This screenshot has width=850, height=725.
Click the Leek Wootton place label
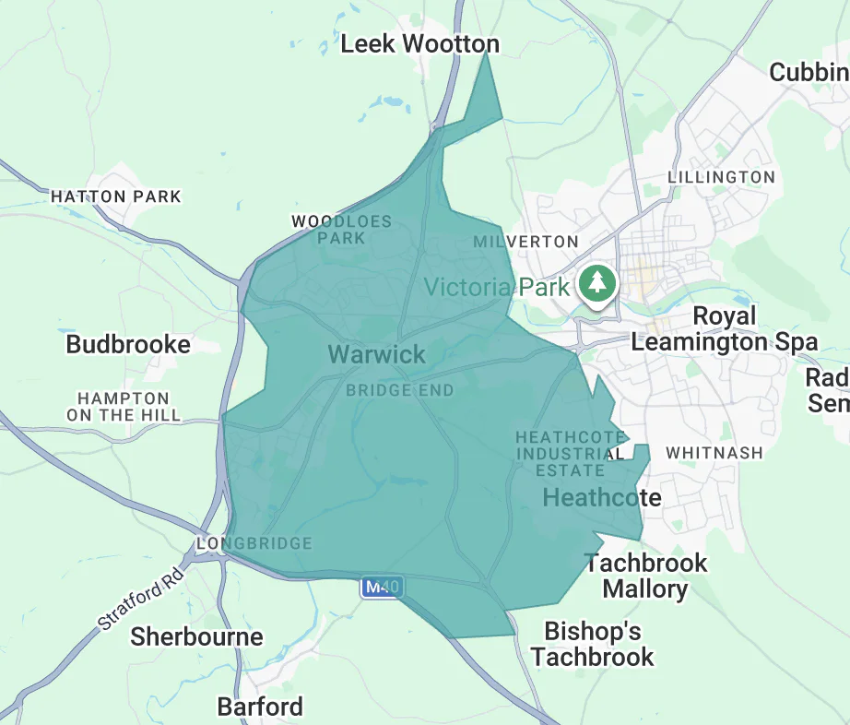click(x=419, y=43)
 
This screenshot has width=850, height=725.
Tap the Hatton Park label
click(x=116, y=196)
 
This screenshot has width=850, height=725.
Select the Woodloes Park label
click(x=341, y=230)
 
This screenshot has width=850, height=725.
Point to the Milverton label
click(x=525, y=242)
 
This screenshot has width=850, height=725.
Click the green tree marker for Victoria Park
click(x=598, y=281)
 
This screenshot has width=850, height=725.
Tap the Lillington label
click(x=721, y=176)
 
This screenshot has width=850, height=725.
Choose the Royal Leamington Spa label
click(x=724, y=329)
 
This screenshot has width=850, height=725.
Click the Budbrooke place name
click(x=128, y=345)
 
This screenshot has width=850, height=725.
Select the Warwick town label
click(x=377, y=354)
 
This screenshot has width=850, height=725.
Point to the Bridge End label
click(x=400, y=390)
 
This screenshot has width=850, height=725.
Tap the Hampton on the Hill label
click(x=123, y=407)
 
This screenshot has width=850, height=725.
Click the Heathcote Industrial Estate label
click(x=569, y=453)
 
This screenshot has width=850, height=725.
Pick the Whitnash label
click(x=714, y=453)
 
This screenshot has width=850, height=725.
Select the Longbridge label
click(x=254, y=543)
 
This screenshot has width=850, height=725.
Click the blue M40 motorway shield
click(x=382, y=587)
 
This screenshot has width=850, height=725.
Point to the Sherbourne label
click(x=196, y=636)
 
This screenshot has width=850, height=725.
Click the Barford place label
click(x=260, y=707)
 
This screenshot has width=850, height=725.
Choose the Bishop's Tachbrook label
click(x=592, y=644)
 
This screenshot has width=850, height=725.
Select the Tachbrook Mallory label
click(x=645, y=576)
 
